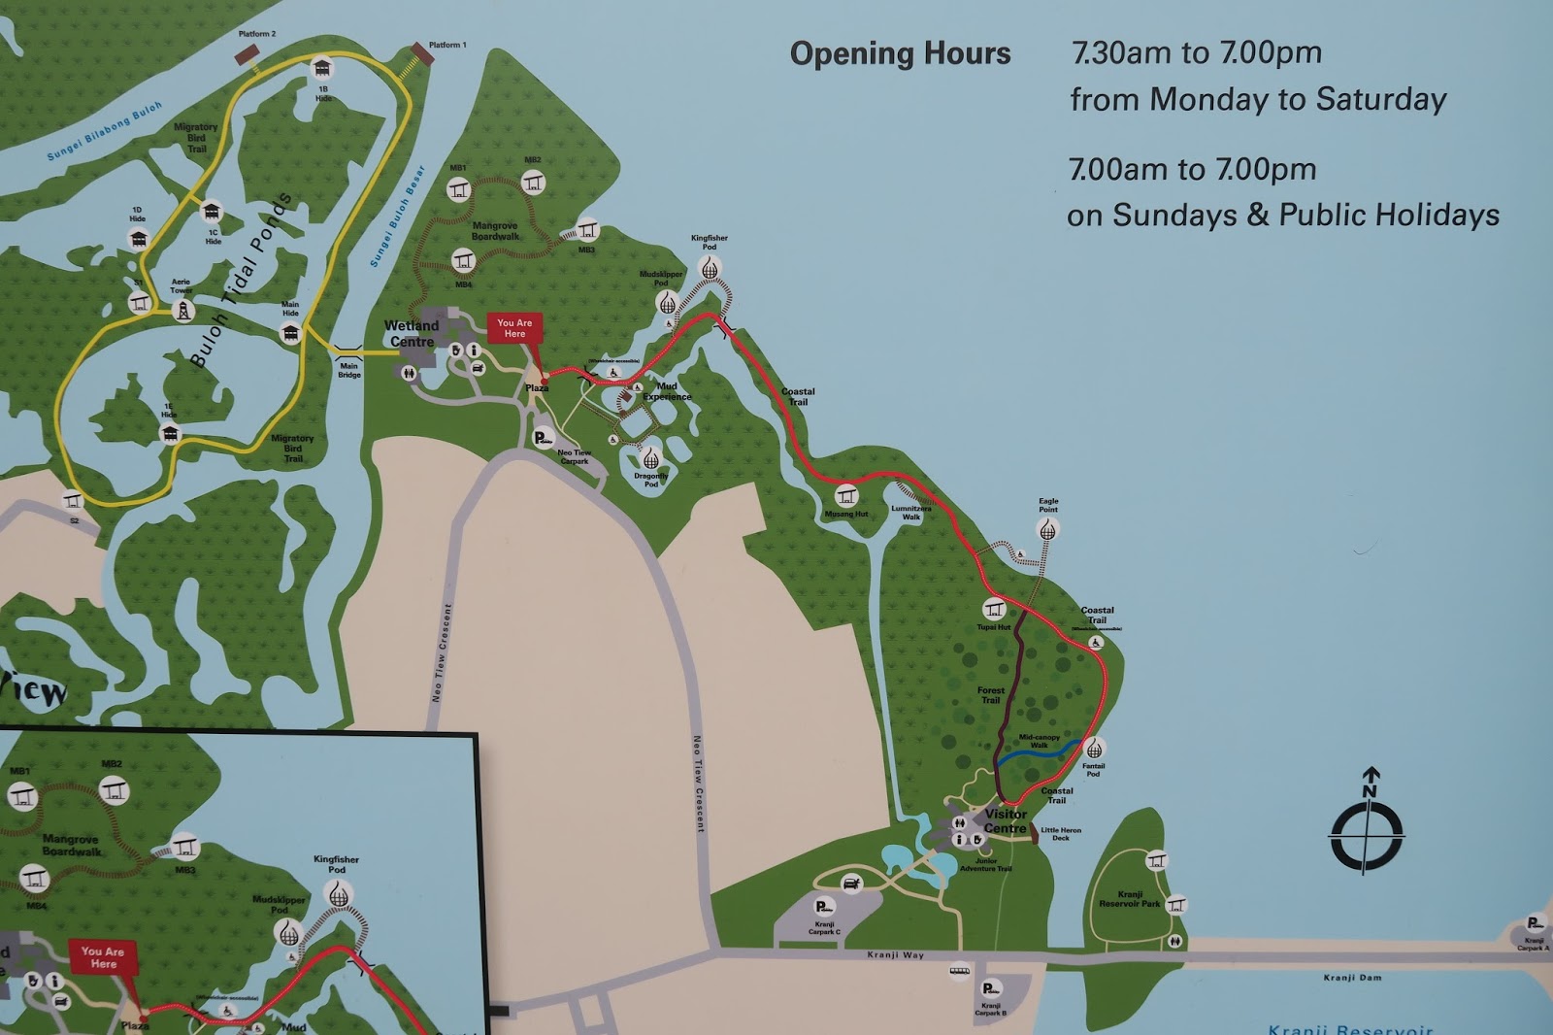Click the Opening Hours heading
tap(900, 54)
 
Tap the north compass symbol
tap(1367, 828)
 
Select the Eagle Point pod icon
tap(1047, 530)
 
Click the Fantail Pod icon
tap(1094, 749)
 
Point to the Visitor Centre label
tap(1006, 821)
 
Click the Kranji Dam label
tap(1351, 978)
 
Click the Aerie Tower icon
tap(182, 311)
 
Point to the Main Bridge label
tap(348, 370)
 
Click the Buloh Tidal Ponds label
tap(240, 281)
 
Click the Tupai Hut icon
tap(993, 610)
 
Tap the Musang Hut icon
tap(846, 495)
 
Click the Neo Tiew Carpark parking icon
tap(543, 438)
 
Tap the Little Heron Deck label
tap(1060, 834)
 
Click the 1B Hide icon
tap(322, 69)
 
